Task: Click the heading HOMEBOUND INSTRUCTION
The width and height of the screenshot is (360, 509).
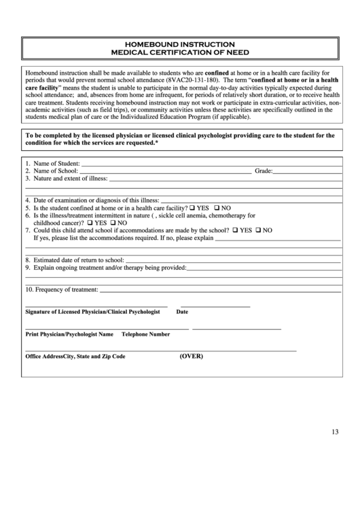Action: [x=180, y=43]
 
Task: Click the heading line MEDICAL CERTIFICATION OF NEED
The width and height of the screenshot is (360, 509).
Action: [x=180, y=52]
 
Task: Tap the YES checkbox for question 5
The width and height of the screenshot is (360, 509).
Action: [x=192, y=207]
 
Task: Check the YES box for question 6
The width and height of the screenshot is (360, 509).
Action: [x=88, y=222]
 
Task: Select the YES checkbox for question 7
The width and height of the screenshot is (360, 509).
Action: [x=234, y=230]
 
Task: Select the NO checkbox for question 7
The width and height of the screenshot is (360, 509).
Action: [x=258, y=230]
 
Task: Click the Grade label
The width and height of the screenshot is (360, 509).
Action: [x=263, y=172]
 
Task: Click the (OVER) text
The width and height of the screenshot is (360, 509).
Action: [x=191, y=356]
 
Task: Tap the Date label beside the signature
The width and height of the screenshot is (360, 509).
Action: [x=182, y=312]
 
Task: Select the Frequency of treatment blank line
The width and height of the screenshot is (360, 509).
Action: [x=220, y=291]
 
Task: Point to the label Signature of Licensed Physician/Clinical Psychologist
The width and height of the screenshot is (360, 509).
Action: [x=92, y=312]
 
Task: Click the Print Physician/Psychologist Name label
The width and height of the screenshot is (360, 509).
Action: [x=69, y=334]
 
